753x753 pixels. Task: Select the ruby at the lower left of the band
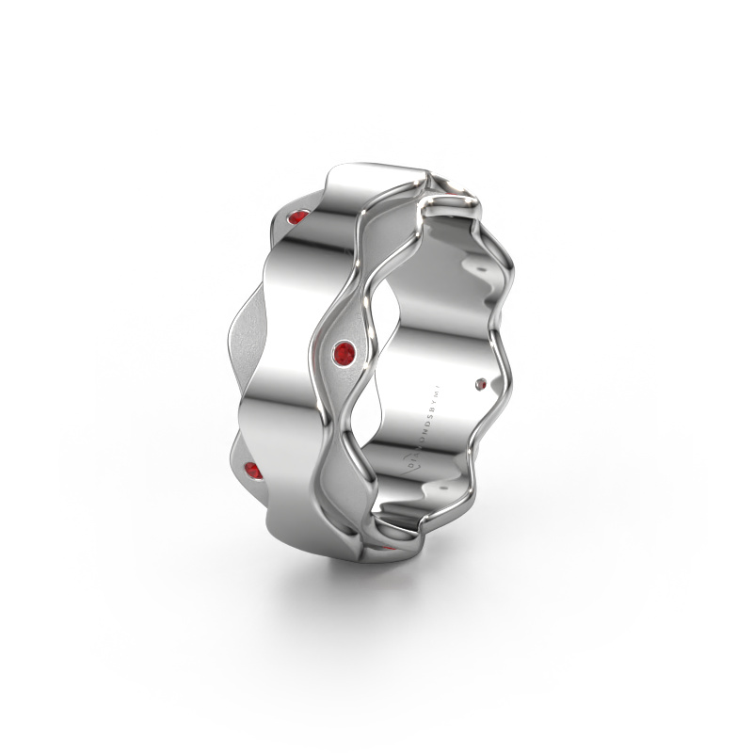coord(252,471)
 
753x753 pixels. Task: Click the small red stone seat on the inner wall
coord(483,382)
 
